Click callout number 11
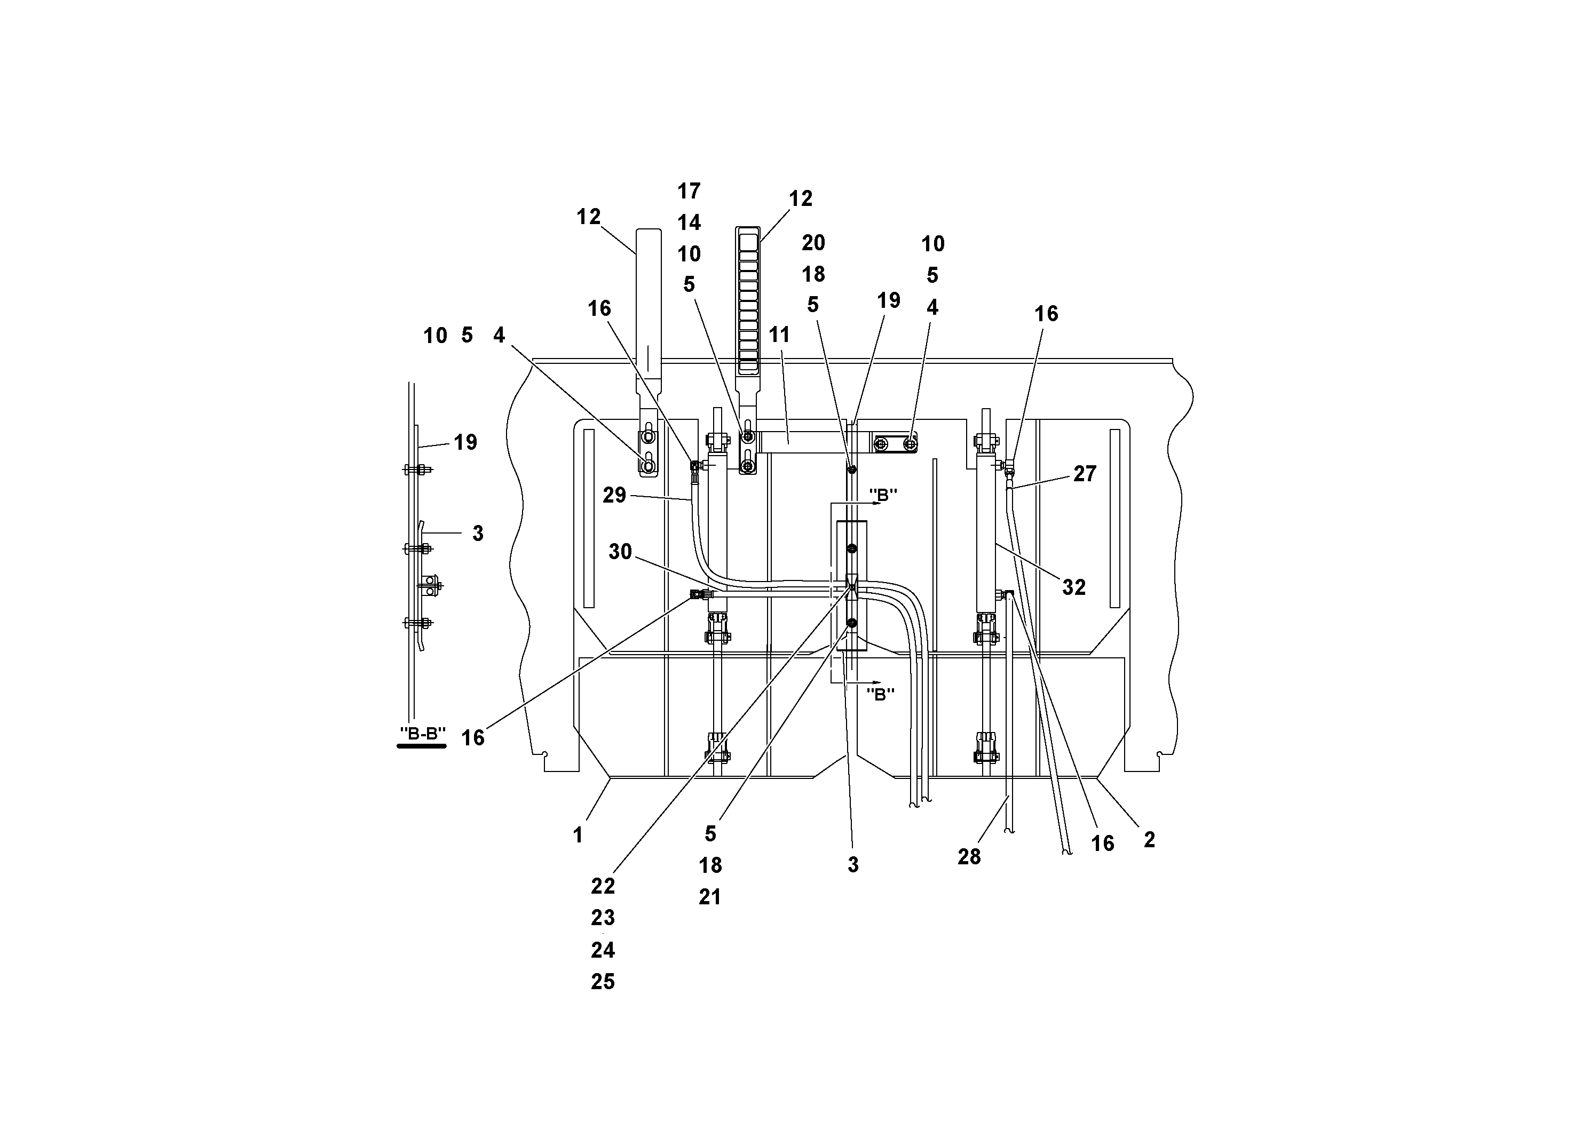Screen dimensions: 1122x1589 pos(779,335)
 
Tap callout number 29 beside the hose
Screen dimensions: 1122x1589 pos(614,495)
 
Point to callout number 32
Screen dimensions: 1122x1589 pos(1073,587)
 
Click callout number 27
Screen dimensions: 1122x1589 pos(1085,474)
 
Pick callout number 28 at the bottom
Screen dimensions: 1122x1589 pos(969,857)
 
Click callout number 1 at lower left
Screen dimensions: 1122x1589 pos(578,835)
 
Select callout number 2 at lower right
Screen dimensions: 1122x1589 pos(1149,840)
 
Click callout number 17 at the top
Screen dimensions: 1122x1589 pos(689,191)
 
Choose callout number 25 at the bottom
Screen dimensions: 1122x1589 pos(603,982)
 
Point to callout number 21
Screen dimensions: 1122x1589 pos(710,897)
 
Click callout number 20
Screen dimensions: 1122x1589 pos(813,243)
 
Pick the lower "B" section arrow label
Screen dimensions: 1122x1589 pos(880,695)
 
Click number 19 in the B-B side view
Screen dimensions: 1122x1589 pos(465,443)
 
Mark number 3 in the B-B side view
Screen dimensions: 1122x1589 pos(478,534)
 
